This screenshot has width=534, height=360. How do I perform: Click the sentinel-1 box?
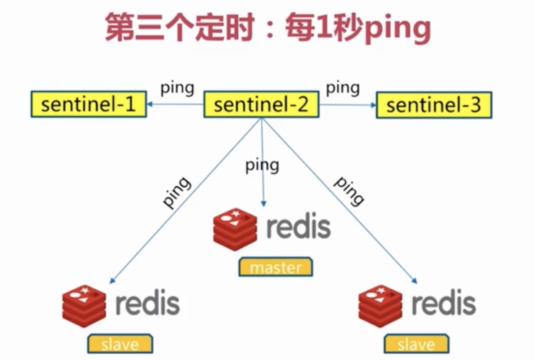pyautogui.click(x=88, y=104)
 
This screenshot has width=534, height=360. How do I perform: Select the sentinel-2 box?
pyautogui.click(x=261, y=105)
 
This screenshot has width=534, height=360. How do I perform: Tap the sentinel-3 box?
pyautogui.click(x=434, y=105)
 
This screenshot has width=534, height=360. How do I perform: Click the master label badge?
pyautogui.click(x=275, y=267)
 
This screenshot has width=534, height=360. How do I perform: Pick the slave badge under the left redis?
pyautogui.click(x=120, y=344)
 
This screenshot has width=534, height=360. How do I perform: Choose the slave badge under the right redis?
pyautogui.click(x=416, y=344)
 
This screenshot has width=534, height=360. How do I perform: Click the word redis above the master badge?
pyautogui.click(x=298, y=226)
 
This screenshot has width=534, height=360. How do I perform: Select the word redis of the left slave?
pyautogui.click(x=148, y=303)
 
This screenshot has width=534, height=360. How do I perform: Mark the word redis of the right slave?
pyautogui.click(x=444, y=303)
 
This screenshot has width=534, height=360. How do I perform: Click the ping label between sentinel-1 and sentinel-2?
pyautogui.click(x=177, y=88)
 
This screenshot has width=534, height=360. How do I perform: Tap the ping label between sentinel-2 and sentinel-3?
pyautogui.click(x=343, y=88)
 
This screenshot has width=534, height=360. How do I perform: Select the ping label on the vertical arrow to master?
pyautogui.click(x=262, y=166)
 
